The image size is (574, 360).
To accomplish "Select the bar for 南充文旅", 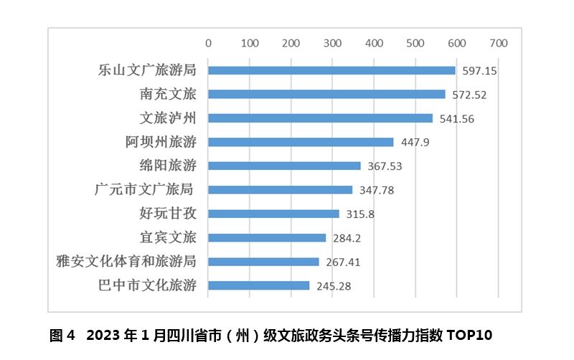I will pos(326,94).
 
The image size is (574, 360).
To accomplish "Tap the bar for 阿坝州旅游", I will pos(301,142).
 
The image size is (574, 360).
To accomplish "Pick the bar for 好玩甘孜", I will pos(273,214).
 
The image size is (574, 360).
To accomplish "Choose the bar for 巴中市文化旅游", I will pos(258,285).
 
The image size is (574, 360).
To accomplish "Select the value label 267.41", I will pos(342,262).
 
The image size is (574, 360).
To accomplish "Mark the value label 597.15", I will pos(479,71).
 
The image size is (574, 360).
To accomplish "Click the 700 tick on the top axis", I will pos(498,43).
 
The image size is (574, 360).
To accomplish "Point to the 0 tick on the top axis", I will pos(208,43).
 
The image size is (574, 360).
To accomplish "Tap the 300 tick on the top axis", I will pos(332,43).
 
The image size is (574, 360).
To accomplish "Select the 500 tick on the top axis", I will pos(415,43).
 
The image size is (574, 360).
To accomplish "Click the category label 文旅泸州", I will pos(168,118).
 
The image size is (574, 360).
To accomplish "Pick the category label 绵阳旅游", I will pos(168,166).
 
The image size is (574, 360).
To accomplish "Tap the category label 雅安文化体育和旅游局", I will pos(126,261).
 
